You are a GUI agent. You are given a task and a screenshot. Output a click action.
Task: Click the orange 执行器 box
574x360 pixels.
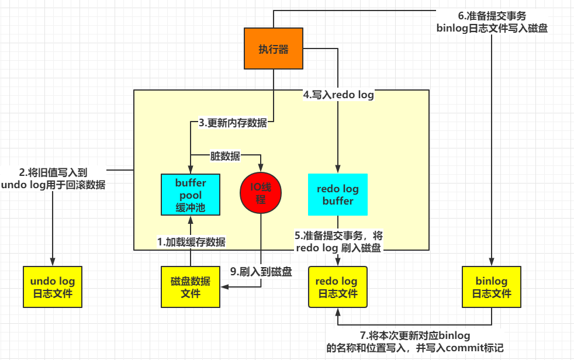click(x=274, y=49)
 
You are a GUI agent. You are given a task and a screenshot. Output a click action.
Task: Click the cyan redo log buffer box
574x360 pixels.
click(x=338, y=194)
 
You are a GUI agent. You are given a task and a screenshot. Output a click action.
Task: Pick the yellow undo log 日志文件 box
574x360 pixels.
click(x=53, y=286)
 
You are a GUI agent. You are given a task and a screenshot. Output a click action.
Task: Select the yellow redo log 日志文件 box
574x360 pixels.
click(x=338, y=286)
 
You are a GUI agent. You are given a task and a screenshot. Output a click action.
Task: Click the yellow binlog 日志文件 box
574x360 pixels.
click(x=491, y=286)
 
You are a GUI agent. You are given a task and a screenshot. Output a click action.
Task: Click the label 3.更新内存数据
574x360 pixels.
click(x=233, y=123)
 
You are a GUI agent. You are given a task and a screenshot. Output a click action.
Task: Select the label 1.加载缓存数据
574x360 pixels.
click(x=191, y=241)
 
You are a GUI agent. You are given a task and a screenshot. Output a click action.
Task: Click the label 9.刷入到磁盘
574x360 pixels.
click(x=261, y=271)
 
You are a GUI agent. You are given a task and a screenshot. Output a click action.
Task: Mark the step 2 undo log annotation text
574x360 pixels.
click(x=53, y=178)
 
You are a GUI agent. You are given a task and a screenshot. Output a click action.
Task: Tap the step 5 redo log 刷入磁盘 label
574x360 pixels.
click(x=338, y=242)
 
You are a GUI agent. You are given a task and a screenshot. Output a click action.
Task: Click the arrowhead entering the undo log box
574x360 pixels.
click(x=53, y=263)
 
